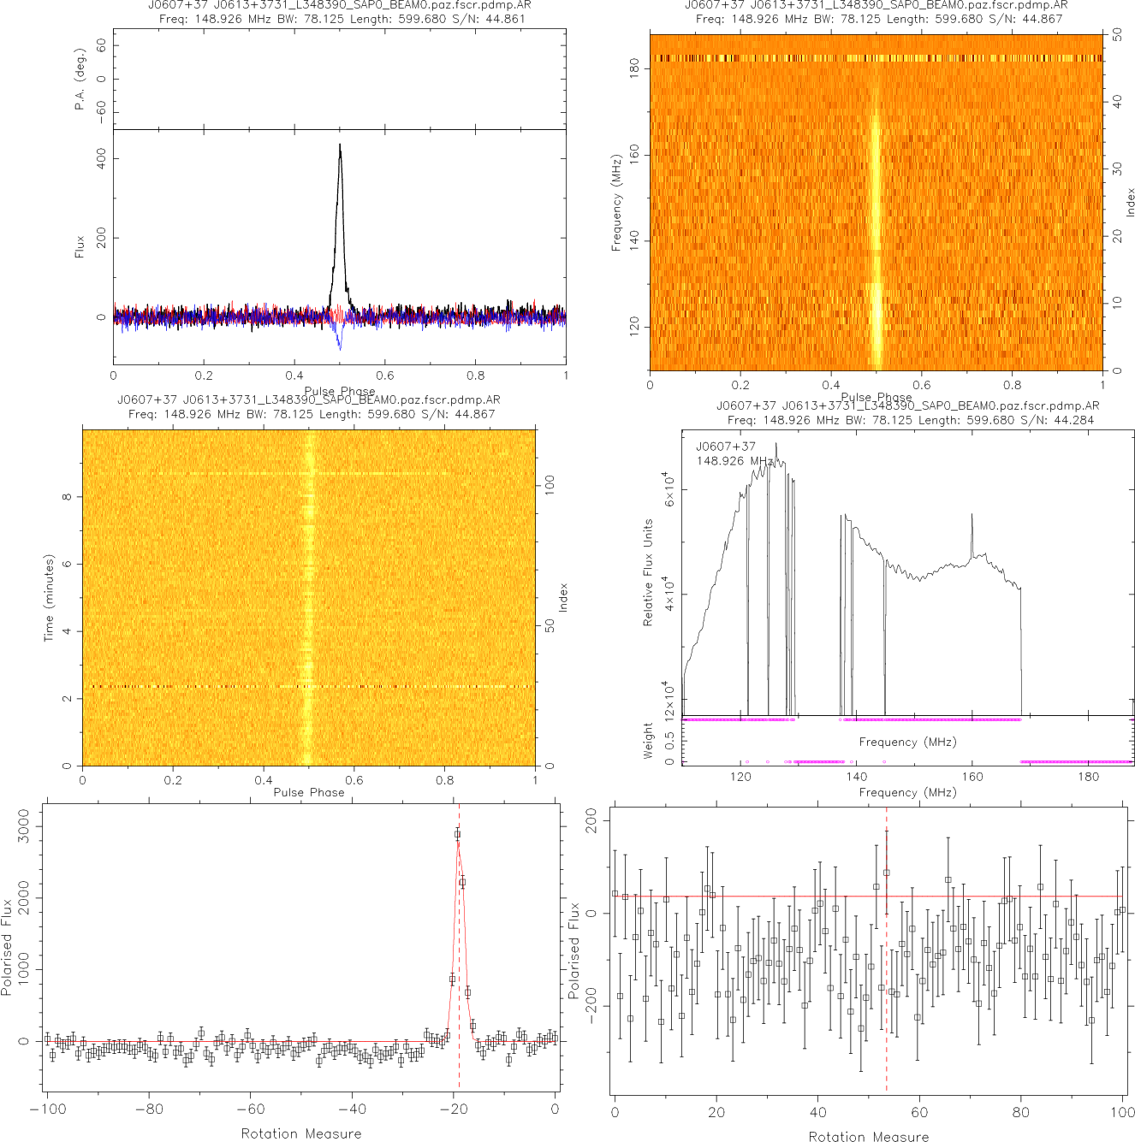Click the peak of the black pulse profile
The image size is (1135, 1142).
[340, 145]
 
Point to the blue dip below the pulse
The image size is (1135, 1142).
[340, 346]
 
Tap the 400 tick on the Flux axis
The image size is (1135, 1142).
[101, 158]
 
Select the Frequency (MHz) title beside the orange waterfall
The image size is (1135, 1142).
[616, 203]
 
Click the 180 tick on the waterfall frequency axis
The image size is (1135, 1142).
[634, 68]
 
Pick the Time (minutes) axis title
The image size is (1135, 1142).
[50, 597]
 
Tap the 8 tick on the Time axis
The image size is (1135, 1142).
[67, 497]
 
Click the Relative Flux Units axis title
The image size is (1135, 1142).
[648, 572]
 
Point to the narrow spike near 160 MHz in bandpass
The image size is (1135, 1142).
[972, 516]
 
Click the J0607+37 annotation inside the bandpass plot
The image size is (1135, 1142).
[726, 447]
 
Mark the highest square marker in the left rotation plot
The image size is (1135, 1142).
[457, 833]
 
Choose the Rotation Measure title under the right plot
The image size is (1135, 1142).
[869, 1136]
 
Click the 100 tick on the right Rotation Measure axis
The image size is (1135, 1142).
[1122, 1112]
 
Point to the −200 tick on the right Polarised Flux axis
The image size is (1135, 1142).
[591, 1007]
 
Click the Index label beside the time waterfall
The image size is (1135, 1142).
[563, 597]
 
